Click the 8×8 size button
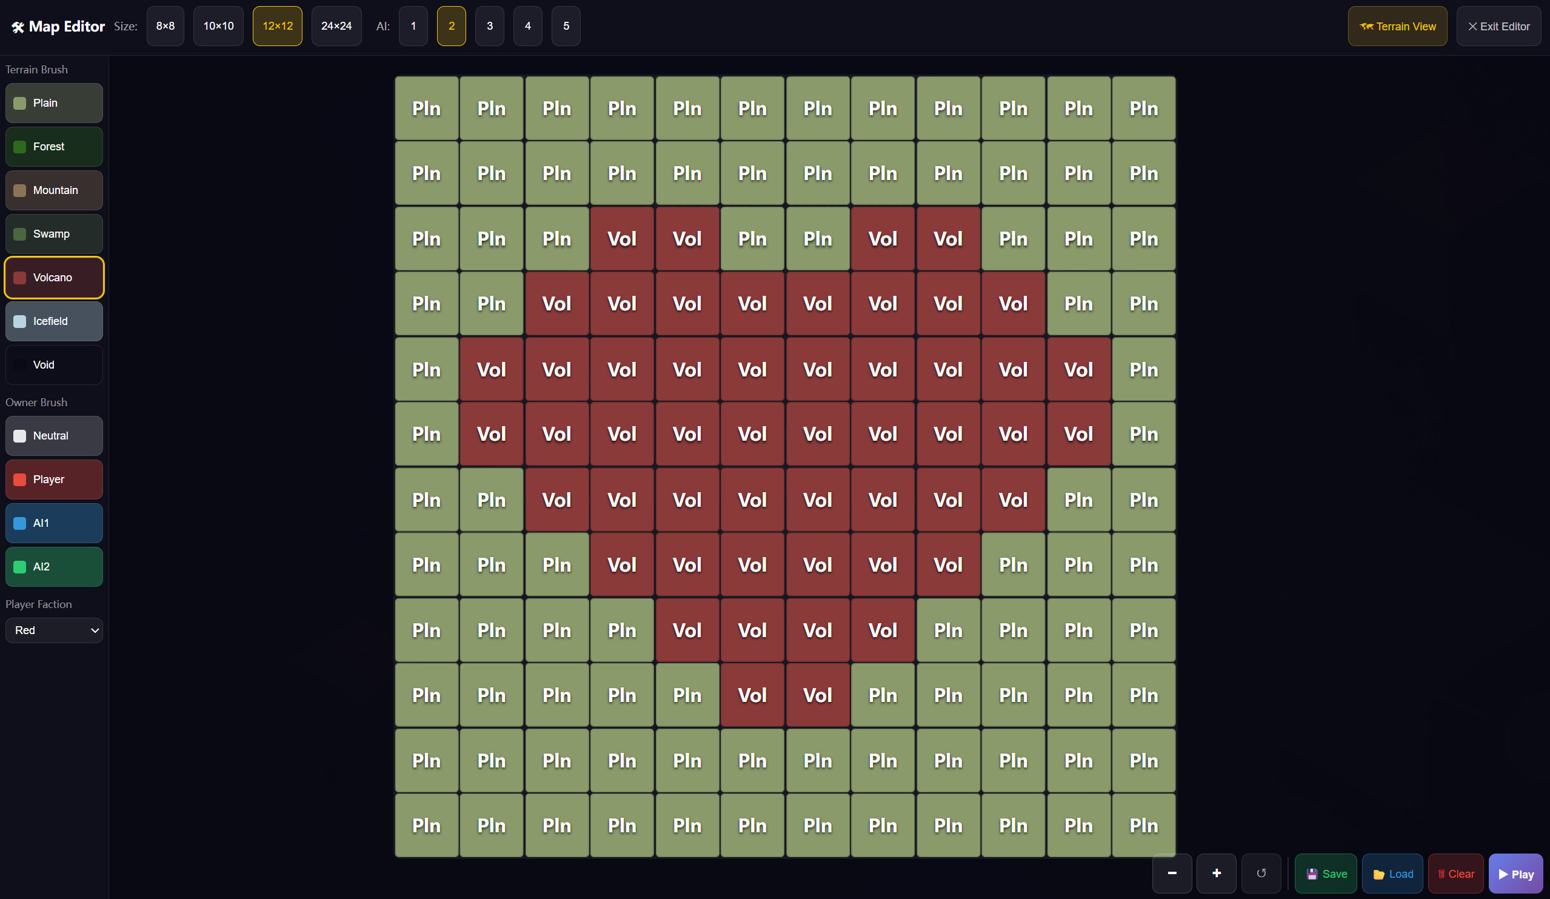[x=165, y=26]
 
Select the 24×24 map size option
[x=336, y=26]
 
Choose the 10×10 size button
[x=218, y=26]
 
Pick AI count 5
[x=566, y=26]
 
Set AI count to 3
[x=490, y=26]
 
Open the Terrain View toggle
[x=1397, y=26]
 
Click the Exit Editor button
[x=1498, y=26]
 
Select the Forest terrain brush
[x=54, y=146]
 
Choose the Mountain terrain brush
[x=54, y=190]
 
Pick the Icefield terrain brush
[x=54, y=321]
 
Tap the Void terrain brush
[x=54, y=365]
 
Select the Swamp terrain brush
[x=54, y=233]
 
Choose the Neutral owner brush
[x=54, y=435]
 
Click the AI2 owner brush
[x=54, y=566]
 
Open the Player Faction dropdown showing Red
[x=54, y=630]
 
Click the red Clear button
[x=1456, y=873]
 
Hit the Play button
[x=1515, y=873]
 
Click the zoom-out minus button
[x=1172, y=873]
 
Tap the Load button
[x=1392, y=873]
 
